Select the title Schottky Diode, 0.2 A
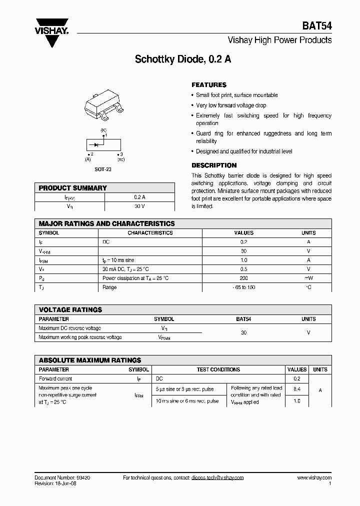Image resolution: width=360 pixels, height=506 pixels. click(x=183, y=59)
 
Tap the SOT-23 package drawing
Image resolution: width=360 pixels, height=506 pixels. click(x=104, y=105)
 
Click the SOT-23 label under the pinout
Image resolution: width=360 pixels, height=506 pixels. click(x=103, y=169)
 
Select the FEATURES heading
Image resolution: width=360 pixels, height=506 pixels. click(x=209, y=85)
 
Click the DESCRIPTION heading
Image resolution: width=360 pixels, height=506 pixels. click(x=214, y=165)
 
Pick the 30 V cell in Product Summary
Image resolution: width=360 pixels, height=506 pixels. click(x=139, y=206)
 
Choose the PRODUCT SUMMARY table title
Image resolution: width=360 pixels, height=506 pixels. click(x=73, y=188)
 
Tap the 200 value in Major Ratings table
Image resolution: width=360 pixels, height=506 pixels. click(x=243, y=278)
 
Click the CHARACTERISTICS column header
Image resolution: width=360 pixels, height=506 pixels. click(x=150, y=233)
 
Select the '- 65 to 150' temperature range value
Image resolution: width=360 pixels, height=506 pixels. click(x=243, y=287)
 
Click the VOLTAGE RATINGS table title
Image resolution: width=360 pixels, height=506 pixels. click(x=70, y=310)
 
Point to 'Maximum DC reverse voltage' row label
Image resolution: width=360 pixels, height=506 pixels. click(x=69, y=328)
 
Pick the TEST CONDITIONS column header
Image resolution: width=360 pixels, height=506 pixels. click(x=218, y=369)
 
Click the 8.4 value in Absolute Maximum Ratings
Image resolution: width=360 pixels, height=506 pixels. click(x=296, y=388)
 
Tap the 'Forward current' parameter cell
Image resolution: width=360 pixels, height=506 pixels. click(x=55, y=379)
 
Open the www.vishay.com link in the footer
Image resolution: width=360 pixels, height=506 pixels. click(x=314, y=478)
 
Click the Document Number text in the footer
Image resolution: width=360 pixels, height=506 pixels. click(x=62, y=478)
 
